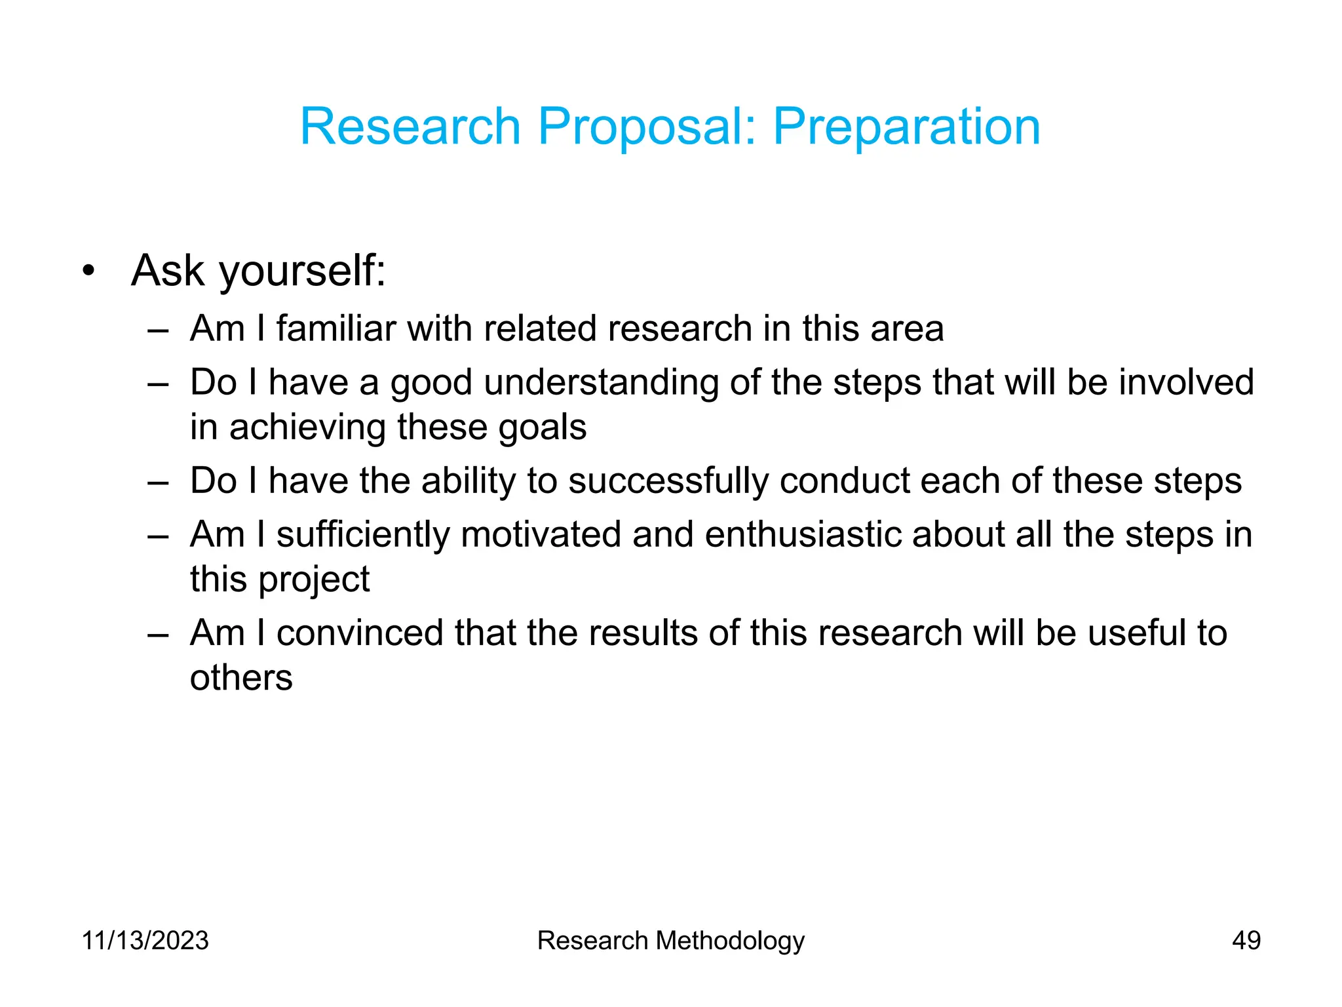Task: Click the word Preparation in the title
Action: (906, 127)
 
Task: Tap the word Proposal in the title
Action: (646, 127)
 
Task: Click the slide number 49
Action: (1246, 940)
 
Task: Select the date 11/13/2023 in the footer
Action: (145, 940)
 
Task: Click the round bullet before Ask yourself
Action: (89, 271)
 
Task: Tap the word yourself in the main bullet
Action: (302, 271)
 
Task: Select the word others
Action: (241, 678)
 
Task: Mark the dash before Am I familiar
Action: (158, 330)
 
